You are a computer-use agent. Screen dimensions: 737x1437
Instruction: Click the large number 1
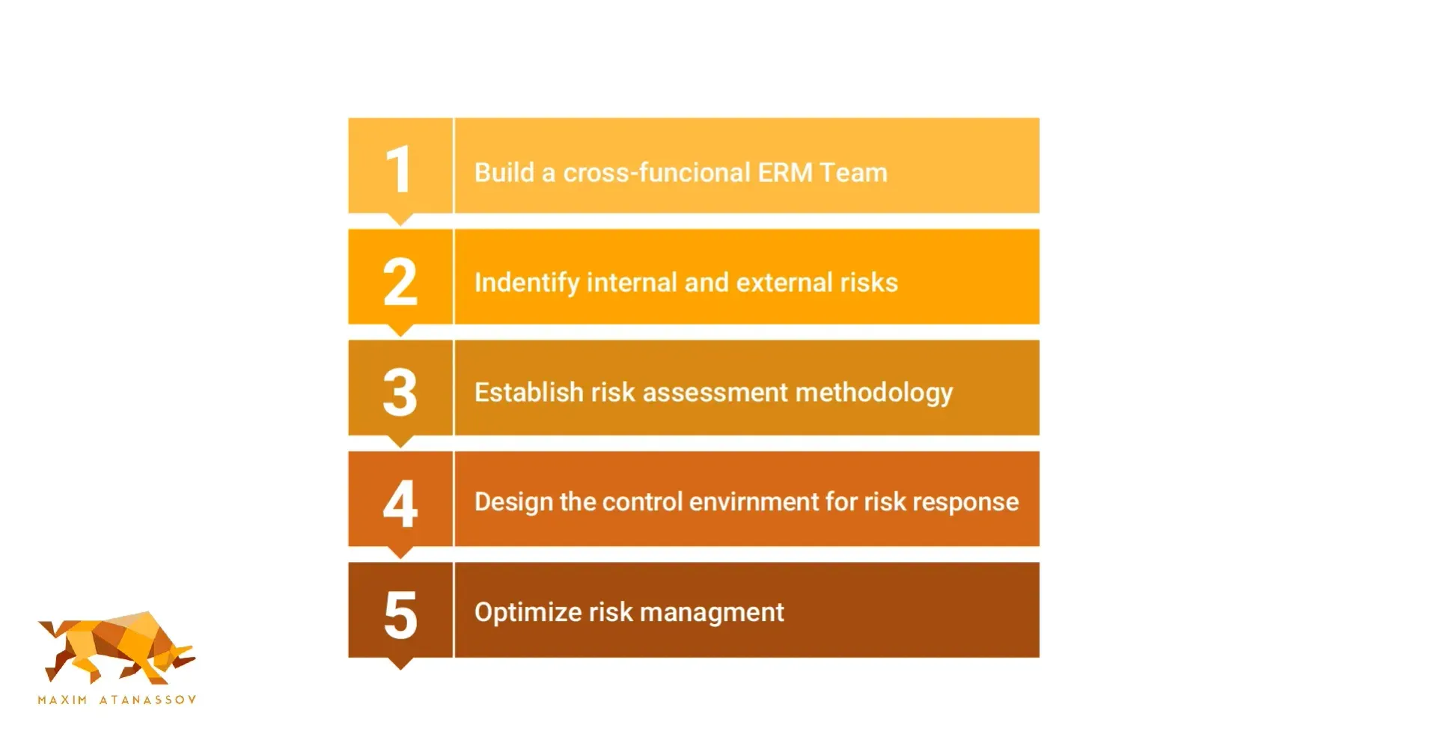(399, 170)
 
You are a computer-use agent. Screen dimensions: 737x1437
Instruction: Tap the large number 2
(400, 281)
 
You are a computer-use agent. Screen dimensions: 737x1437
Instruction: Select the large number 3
(400, 392)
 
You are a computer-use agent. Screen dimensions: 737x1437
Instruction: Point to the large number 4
(400, 503)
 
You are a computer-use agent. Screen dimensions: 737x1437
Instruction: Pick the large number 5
(400, 614)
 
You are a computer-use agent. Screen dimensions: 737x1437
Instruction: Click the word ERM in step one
(785, 173)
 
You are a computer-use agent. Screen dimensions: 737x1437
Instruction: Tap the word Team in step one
(853, 173)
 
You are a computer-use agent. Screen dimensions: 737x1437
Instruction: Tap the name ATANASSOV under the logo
(148, 700)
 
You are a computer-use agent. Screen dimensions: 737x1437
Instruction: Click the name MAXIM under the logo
(62, 700)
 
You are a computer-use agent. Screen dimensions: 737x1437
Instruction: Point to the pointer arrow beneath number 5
(400, 664)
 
